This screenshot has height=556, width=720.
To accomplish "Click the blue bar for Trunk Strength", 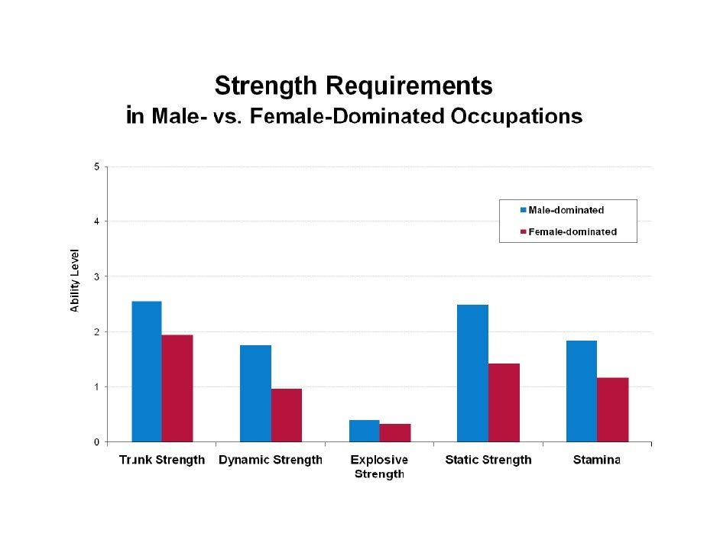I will (146, 371).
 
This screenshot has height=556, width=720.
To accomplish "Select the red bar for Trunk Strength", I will (177, 388).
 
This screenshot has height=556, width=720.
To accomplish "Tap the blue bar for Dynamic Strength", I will (255, 393).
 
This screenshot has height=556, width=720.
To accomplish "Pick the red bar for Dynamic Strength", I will (287, 415).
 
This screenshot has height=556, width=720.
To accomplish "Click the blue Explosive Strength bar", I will (364, 431).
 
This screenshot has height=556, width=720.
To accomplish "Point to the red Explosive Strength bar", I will (395, 432).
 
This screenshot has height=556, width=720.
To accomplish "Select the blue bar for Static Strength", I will (472, 373).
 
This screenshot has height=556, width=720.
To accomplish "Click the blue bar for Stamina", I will (581, 391).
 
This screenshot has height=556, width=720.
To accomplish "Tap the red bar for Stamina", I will (612, 409).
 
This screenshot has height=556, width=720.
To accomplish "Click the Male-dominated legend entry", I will (566, 210).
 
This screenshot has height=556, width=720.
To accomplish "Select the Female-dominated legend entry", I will (572, 231).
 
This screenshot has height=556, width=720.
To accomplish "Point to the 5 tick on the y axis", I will (96, 166).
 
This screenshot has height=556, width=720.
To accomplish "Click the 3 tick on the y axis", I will (96, 276).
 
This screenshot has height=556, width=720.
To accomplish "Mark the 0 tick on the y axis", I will (96, 442).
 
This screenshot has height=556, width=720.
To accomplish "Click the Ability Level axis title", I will (75, 280).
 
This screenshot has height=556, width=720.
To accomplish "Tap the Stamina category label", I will (597, 460).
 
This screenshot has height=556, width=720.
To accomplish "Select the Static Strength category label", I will (488, 460).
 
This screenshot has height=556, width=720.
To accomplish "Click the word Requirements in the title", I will (406, 86).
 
